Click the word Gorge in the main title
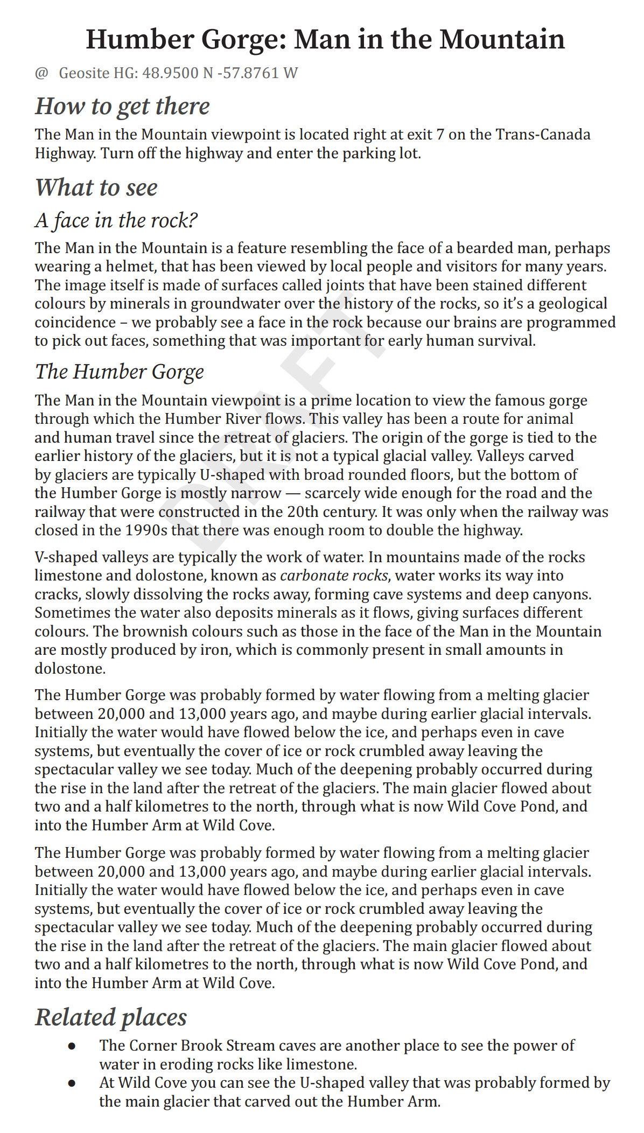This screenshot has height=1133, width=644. [241, 40]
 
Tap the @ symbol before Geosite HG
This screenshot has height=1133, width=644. [41, 73]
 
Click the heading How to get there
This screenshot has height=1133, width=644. [122, 106]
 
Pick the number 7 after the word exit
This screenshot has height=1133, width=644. [440, 134]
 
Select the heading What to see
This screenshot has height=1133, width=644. [96, 187]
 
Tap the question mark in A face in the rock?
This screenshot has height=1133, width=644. [192, 220]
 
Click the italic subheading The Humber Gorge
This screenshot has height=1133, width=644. [120, 372]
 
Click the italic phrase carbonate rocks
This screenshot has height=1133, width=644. [334, 576]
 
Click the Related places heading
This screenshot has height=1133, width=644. [111, 1017]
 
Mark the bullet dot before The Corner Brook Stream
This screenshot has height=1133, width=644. [72, 1046]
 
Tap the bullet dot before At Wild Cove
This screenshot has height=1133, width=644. [72, 1083]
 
